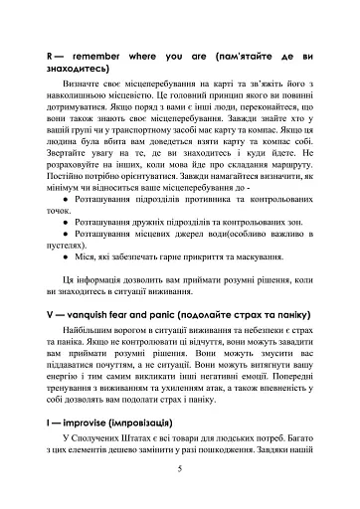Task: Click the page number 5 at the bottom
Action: coord(179,470)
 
